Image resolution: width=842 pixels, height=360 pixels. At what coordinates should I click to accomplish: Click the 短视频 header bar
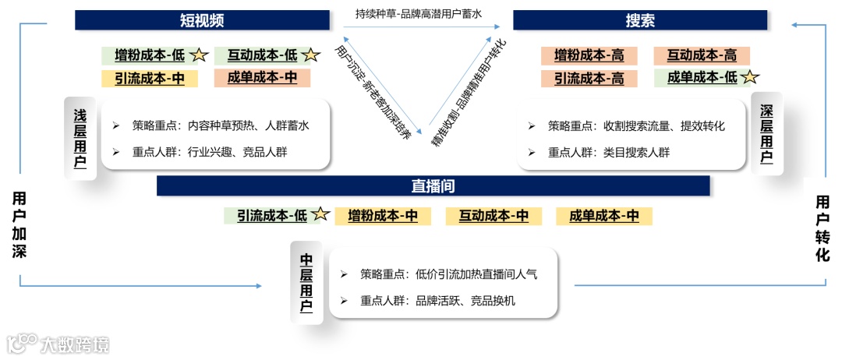202,20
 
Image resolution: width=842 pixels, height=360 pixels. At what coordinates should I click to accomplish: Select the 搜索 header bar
639,20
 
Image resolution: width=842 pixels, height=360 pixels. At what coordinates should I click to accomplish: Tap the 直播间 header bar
433,186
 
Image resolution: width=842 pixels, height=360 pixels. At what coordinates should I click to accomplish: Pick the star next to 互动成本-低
311,55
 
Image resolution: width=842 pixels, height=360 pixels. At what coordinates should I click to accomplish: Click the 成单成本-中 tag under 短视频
262,77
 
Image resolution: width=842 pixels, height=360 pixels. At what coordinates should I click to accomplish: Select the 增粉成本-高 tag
589,55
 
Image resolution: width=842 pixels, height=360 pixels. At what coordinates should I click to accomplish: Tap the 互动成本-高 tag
701,55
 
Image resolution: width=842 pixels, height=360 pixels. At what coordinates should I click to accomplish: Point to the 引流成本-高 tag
589,78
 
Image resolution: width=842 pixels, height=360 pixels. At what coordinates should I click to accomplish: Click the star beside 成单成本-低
750,77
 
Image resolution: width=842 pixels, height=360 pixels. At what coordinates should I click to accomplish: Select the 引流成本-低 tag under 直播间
271,216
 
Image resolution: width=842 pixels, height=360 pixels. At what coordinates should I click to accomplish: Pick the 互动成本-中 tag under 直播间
494,216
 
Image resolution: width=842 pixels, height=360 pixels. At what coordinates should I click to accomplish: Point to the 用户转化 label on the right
823,228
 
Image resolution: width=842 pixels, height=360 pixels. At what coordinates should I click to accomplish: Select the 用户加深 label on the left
19,224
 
